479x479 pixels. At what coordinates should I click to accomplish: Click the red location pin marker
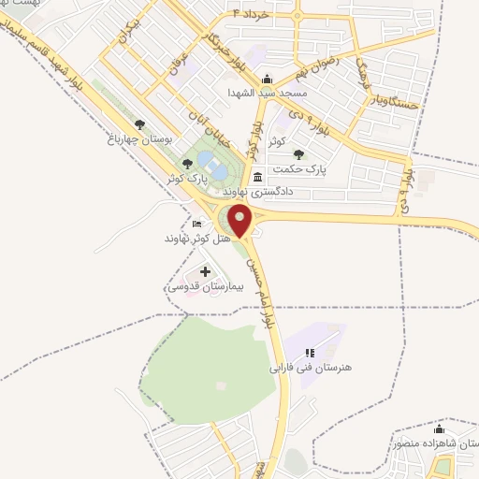pyautogui.click(x=240, y=220)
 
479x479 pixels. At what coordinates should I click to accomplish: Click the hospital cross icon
pyautogui.click(x=205, y=271)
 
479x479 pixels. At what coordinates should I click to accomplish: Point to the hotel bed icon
pyautogui.click(x=196, y=225)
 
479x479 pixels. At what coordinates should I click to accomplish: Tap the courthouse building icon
pyautogui.click(x=257, y=177)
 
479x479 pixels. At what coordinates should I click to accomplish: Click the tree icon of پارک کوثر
pyautogui.click(x=187, y=164)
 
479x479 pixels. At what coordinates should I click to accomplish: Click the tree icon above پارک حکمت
pyautogui.click(x=298, y=154)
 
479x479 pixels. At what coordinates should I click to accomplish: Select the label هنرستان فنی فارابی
pyautogui.click(x=310, y=368)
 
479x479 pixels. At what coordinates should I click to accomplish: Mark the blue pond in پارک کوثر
pyautogui.click(x=213, y=169)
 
